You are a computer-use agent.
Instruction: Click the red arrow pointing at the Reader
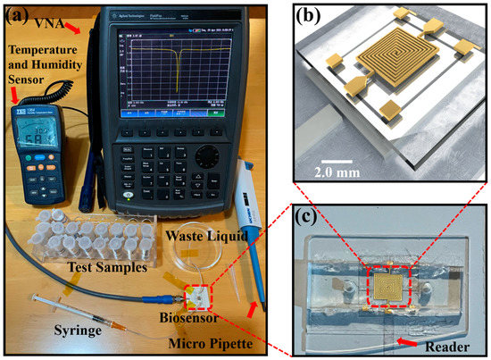coord(412,340)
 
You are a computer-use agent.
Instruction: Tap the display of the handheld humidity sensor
coord(30,130)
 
